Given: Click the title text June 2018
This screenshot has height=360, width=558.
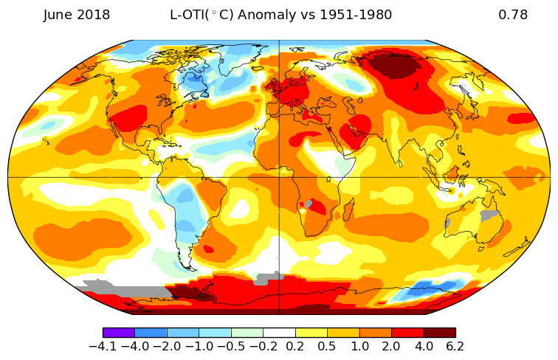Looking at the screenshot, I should (x=77, y=15).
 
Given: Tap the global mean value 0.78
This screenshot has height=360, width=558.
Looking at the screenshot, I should (x=513, y=15).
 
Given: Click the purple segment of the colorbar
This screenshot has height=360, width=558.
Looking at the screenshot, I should (x=118, y=333).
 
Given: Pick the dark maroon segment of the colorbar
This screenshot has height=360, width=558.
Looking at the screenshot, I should (x=439, y=333).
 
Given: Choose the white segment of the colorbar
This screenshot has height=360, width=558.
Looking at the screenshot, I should (x=279, y=333).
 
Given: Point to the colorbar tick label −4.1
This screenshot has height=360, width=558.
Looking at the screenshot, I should (x=103, y=347).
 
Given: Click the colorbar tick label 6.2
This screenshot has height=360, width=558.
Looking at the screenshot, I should (x=455, y=347).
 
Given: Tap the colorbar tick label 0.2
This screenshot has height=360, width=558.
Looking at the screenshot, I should (x=295, y=347).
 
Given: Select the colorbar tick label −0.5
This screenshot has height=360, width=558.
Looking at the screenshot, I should (x=231, y=347).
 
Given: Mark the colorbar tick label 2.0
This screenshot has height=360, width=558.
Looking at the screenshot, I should (x=391, y=347).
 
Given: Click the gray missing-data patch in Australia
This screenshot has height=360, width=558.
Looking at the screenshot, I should (x=489, y=215).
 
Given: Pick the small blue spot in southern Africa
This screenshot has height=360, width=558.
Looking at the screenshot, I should (x=309, y=204).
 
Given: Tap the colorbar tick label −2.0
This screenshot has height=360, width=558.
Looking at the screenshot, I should (x=167, y=347).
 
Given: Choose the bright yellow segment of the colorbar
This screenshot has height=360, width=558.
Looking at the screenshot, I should (x=311, y=333).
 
